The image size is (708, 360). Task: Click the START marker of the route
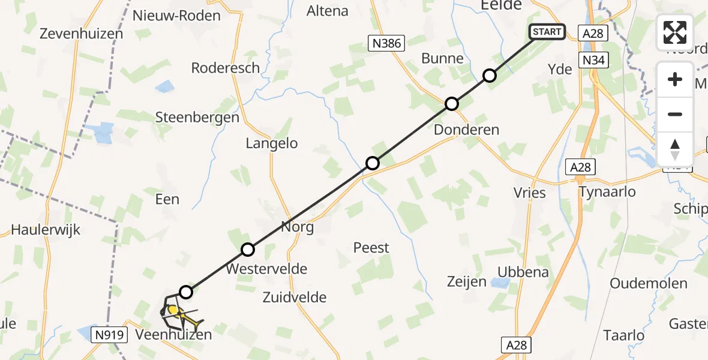coord(547,32)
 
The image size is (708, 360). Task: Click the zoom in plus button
coord(675,80)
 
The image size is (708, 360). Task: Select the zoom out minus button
coord(675,114)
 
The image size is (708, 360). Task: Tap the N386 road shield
coord(387,43)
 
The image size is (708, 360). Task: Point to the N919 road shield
coord(109,334)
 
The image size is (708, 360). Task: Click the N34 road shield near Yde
coord(593,60)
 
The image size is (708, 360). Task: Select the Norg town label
coord(298,227)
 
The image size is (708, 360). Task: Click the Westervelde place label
coord(266,269)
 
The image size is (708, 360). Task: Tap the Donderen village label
coord(466,130)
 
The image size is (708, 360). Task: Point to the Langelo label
coord(272,143)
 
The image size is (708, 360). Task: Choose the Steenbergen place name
coord(197,117)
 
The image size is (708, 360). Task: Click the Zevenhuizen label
coord(81,34)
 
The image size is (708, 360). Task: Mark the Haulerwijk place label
coord(46,230)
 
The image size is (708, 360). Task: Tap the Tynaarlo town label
coord(607,192)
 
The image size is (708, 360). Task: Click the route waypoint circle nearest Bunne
coord(490,76)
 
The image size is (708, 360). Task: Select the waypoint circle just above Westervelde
coord(248,250)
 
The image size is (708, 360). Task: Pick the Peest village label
coord(371,247)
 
